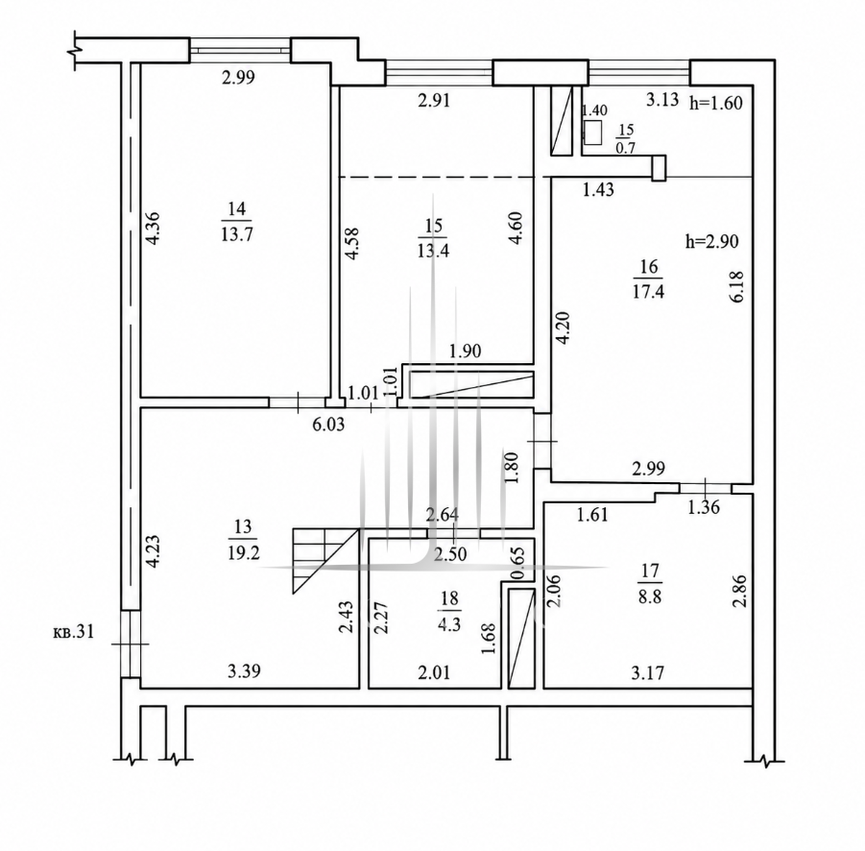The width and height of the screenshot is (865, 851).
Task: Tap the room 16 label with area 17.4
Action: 649,280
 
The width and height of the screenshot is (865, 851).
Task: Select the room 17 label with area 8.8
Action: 650,584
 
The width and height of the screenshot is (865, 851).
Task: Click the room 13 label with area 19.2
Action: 243,540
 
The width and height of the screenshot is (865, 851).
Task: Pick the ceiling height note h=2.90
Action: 711,241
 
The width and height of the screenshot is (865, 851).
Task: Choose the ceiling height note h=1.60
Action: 716,103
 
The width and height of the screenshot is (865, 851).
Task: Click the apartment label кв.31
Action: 73,631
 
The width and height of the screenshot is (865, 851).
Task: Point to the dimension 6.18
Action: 737,286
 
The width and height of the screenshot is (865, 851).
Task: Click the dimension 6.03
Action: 328,425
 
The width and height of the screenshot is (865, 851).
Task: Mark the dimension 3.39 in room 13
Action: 244,671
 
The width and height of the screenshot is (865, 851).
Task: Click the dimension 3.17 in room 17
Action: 648,672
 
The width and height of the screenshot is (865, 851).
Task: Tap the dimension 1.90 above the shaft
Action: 465,351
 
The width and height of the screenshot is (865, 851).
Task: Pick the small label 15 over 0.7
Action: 626,138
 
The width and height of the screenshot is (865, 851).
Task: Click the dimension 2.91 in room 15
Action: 434,101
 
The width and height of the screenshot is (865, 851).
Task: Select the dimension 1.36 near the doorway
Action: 704,506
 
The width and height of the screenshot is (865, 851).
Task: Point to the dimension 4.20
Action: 563,328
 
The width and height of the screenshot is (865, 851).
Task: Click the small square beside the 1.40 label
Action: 593,133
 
